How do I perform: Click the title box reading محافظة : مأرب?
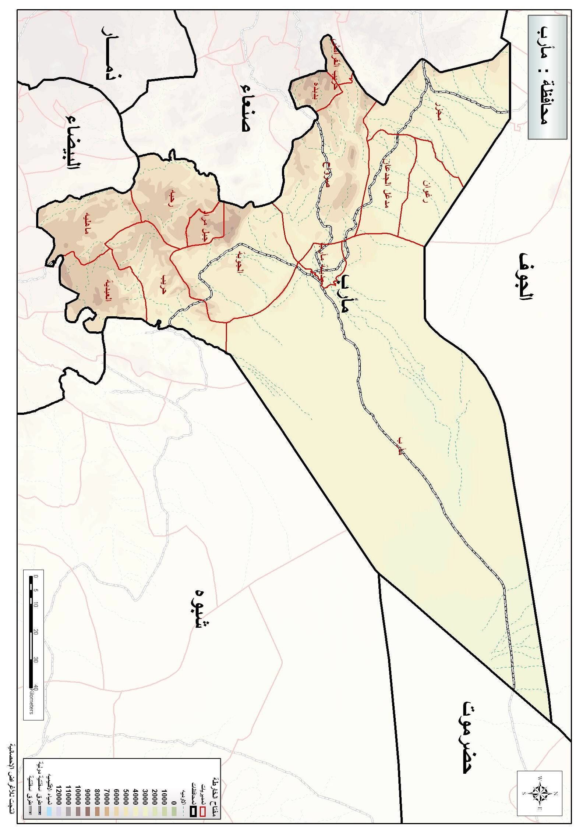pyautogui.click(x=547, y=77)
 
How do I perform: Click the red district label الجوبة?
pyautogui.click(x=240, y=262)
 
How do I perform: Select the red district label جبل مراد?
pyautogui.click(x=204, y=228)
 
